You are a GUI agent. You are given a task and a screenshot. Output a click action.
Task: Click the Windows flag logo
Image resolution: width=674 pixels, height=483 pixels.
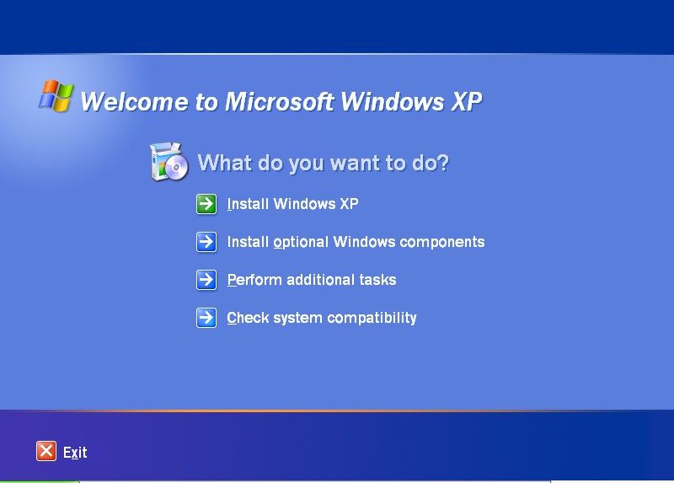56,95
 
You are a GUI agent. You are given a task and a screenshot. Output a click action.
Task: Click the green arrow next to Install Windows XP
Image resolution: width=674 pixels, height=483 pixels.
206,204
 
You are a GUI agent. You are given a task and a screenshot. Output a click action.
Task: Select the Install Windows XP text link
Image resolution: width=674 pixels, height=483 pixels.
292,204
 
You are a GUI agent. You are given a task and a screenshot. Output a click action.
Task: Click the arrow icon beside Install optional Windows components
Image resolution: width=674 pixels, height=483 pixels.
206,242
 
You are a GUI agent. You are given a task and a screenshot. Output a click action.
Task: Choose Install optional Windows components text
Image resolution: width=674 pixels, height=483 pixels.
356,242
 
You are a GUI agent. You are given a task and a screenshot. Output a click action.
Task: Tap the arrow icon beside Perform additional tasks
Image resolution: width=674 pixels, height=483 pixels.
206,280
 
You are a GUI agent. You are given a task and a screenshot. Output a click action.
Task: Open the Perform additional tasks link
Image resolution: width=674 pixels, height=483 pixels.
311,280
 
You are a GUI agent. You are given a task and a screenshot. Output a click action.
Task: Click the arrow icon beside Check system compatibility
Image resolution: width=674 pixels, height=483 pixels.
206,318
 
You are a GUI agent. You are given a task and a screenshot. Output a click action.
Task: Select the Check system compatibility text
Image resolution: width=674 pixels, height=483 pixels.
322,318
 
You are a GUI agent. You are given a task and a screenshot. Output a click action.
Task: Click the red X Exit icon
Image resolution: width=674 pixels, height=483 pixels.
46,451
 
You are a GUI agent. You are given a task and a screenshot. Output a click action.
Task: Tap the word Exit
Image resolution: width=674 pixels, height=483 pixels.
75,453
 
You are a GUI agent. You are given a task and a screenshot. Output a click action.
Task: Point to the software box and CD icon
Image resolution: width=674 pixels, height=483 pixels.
169,162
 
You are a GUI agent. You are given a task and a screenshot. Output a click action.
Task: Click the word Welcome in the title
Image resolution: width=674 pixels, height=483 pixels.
134,102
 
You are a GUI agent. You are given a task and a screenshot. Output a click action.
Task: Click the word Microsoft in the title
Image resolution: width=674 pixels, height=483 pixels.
280,102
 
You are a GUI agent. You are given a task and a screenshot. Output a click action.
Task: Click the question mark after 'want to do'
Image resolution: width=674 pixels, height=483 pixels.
443,163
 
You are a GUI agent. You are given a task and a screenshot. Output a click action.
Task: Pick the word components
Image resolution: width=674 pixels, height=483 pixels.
441,243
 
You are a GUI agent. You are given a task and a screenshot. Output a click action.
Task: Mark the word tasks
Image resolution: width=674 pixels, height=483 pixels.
377,280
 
